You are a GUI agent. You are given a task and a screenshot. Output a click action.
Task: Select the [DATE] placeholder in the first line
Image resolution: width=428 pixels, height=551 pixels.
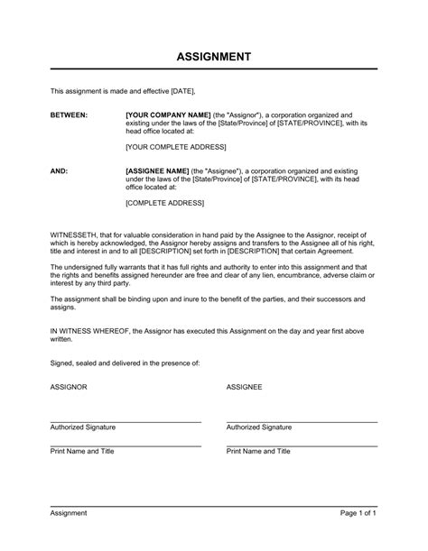[x=182, y=91]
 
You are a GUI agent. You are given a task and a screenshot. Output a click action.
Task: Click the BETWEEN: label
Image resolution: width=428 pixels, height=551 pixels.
[x=69, y=116]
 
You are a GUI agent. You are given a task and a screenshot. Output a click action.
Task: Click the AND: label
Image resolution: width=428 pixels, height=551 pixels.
[x=59, y=170]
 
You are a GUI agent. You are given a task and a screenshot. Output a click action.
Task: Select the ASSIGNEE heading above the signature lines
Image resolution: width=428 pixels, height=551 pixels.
[x=244, y=386]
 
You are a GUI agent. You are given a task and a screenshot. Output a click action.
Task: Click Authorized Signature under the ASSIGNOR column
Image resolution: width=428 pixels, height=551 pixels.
[x=83, y=427]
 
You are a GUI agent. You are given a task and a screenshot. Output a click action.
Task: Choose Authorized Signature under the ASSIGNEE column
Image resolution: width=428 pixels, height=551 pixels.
[x=259, y=427]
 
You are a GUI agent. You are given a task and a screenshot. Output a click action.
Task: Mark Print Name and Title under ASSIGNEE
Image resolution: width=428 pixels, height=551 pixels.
[x=258, y=451]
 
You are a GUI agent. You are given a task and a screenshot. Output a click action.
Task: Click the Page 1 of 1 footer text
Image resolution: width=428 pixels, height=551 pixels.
[x=358, y=538]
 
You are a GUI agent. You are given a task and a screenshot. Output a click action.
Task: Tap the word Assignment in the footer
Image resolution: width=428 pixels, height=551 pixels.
[x=69, y=538]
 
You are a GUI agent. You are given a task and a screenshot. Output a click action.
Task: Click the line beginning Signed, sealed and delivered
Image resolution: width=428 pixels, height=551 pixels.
[x=125, y=363]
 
